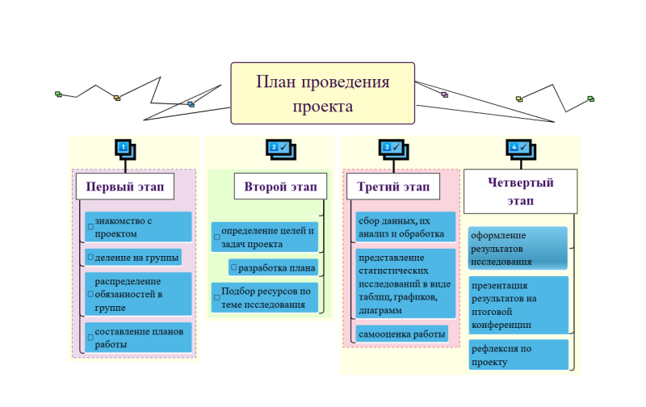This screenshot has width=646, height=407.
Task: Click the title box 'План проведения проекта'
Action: pyautogui.click(x=322, y=94)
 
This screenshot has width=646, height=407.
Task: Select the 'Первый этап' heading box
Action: pyautogui.click(x=124, y=187)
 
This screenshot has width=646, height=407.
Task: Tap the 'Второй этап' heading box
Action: pyautogui.click(x=280, y=187)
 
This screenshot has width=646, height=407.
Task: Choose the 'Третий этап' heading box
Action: pyautogui.click(x=393, y=187)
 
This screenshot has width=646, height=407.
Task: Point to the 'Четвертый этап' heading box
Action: pyautogui.click(x=520, y=191)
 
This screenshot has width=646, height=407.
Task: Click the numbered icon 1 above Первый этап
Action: pyautogui.click(x=124, y=149)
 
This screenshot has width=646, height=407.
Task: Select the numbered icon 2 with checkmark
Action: pyautogui.click(x=279, y=148)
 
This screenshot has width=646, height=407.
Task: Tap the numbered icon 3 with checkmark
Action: pyautogui.click(x=392, y=148)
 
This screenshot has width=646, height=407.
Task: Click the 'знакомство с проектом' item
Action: pyautogui.click(x=138, y=227)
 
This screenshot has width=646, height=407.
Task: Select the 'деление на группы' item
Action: pyautogui.click(x=133, y=258)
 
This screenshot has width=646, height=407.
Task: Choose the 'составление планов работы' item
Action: pyautogui.click(x=138, y=338)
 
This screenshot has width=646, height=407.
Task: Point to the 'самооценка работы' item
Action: pyautogui.click(x=401, y=334)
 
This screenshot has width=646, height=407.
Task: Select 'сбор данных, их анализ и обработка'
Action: pyautogui.click(x=404, y=227)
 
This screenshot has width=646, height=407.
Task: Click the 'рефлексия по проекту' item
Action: pyautogui.click(x=517, y=355)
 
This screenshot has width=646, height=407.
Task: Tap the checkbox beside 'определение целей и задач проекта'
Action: pyautogui.click(x=217, y=237)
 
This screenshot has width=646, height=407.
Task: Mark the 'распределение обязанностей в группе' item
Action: pyautogui.click(x=138, y=294)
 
